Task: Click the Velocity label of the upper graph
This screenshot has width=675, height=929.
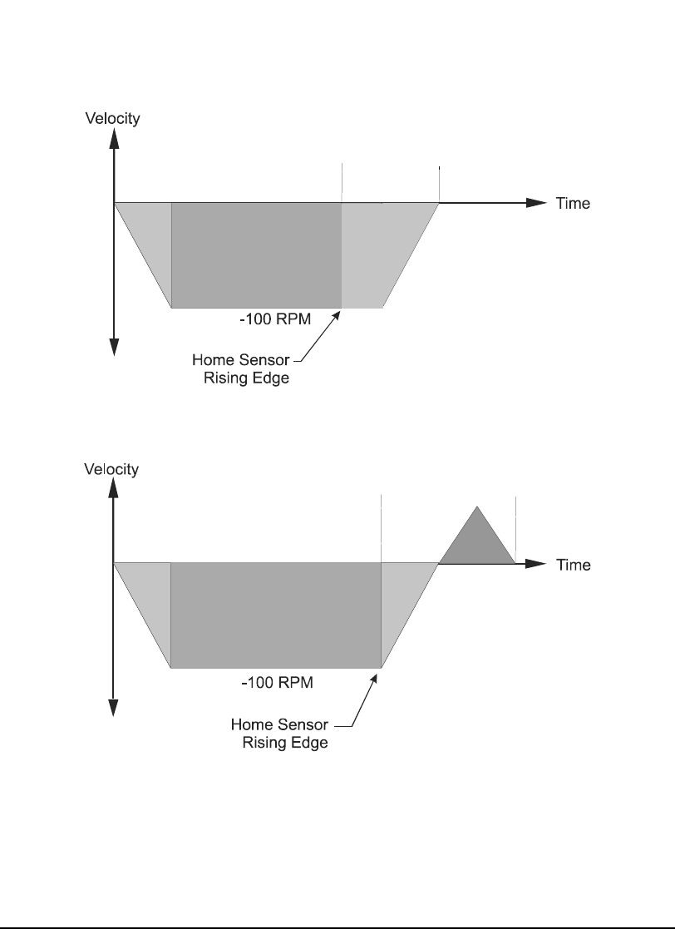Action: (112, 117)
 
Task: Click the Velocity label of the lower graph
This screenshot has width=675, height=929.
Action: (111, 469)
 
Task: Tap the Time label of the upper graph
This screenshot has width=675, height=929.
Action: (573, 203)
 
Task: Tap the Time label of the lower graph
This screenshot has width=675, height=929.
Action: (573, 565)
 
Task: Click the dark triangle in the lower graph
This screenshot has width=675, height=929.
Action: (477, 541)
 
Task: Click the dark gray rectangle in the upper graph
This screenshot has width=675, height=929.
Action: (256, 254)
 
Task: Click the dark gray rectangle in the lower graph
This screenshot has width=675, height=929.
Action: (275, 615)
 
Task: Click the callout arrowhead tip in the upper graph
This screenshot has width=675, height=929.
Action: (340, 311)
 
